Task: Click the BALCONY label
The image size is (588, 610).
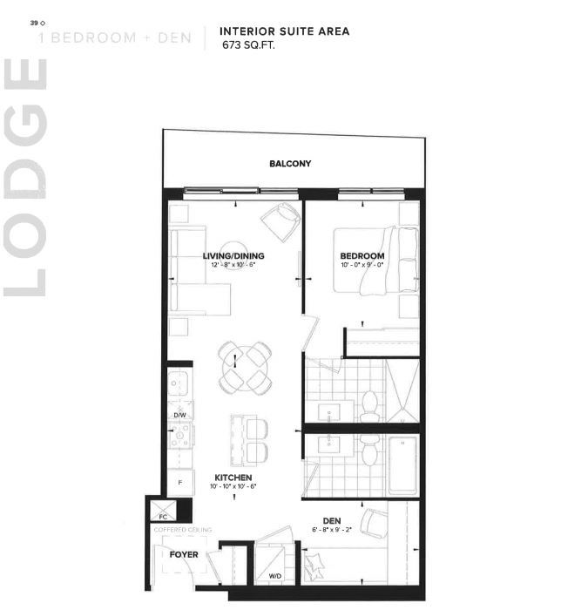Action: click(x=290, y=164)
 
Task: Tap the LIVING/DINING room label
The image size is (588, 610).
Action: click(x=233, y=256)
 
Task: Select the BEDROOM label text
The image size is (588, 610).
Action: click(x=362, y=256)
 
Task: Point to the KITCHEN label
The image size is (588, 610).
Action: click(x=233, y=478)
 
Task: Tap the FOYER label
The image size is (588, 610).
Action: click(x=184, y=554)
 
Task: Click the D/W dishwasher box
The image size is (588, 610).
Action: click(x=179, y=416)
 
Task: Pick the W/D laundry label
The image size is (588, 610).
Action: click(x=274, y=576)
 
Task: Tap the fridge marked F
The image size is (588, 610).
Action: click(x=179, y=482)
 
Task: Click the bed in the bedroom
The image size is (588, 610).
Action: click(x=390, y=260)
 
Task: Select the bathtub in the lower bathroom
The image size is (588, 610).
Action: click(x=402, y=465)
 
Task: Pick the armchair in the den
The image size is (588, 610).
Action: click(x=374, y=524)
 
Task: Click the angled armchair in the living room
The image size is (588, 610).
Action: click(x=281, y=223)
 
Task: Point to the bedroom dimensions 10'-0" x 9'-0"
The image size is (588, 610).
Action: click(x=362, y=265)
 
